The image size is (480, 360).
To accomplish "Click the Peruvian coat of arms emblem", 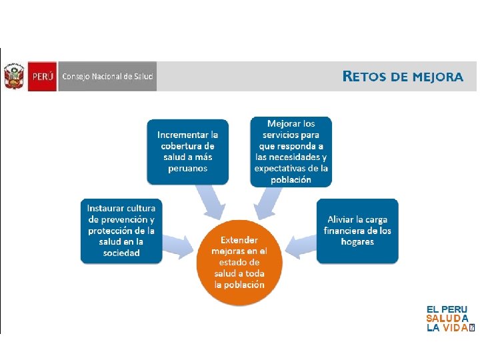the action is click(x=13, y=76).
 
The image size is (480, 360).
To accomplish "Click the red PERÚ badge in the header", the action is click(x=41, y=76).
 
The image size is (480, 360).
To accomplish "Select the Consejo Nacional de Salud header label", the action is click(x=107, y=76).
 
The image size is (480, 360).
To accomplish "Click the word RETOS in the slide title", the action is click(x=365, y=76).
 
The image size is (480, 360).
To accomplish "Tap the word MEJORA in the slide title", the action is click(x=437, y=76).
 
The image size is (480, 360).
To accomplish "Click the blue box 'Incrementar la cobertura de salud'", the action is click(x=187, y=151).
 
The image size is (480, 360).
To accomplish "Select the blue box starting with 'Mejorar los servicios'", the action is click(x=291, y=151).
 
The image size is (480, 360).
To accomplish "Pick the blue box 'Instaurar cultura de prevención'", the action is click(x=121, y=230).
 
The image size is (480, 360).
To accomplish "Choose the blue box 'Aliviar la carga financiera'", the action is click(x=357, y=230).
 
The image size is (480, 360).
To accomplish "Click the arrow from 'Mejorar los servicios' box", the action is click(x=268, y=202).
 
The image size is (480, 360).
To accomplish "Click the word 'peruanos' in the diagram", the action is click(x=187, y=169).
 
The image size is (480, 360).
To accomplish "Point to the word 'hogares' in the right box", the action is click(x=357, y=242).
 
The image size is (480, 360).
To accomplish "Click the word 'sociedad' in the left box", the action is click(x=121, y=253).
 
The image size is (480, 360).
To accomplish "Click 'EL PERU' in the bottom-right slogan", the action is click(x=447, y=310).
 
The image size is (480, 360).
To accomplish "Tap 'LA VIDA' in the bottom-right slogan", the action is click(x=447, y=328).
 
